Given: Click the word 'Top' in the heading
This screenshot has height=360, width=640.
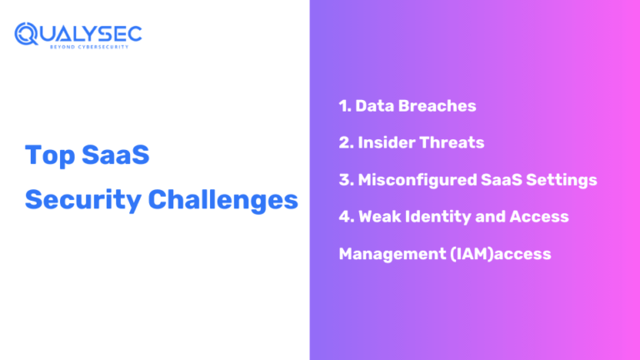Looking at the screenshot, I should pos(47,156).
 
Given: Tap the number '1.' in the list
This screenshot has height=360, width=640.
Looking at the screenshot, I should pos(345,106).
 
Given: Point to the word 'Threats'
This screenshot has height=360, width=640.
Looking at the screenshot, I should pos(454,142).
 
